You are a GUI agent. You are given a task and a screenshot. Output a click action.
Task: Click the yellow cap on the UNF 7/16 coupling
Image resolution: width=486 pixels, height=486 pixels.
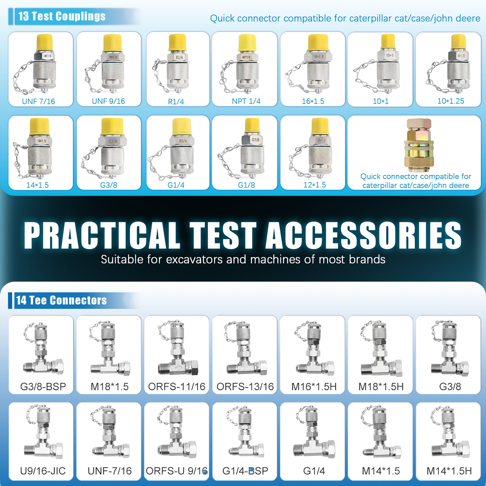pyautogui.click(x=45, y=43)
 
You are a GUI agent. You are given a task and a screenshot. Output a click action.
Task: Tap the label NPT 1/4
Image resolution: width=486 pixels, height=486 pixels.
pyautogui.click(x=246, y=101)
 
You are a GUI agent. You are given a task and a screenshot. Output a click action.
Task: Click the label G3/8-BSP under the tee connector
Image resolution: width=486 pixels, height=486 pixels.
pyautogui.click(x=43, y=386)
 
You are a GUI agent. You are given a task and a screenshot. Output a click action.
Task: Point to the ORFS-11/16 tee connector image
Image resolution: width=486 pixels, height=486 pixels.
pyautogui.click(x=177, y=349)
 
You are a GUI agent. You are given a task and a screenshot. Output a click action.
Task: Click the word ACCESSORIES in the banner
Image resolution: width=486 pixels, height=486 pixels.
pyautogui.click(x=364, y=235)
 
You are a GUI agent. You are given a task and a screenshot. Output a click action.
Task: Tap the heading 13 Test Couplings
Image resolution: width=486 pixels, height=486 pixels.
pyautogui.click(x=62, y=16)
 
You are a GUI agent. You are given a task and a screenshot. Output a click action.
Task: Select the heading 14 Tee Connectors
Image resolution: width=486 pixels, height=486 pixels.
pyautogui.click(x=61, y=300)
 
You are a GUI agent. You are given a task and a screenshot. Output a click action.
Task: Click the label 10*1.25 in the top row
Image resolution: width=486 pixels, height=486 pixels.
pyautogui.click(x=450, y=101)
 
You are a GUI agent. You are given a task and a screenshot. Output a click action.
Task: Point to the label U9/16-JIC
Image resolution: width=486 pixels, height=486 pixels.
pyautogui.click(x=43, y=471)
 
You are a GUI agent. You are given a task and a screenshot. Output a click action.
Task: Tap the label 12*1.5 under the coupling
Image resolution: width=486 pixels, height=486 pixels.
pyautogui.click(x=314, y=185)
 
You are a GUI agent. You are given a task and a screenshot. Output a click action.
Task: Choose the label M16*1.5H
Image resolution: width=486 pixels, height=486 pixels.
pyautogui.click(x=314, y=386)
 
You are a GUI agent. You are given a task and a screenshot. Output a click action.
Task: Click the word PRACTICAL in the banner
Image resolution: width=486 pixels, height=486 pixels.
pyautogui.click(x=102, y=235)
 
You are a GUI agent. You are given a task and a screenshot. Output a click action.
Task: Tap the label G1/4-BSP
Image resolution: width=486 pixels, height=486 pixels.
pyautogui.click(x=245, y=471)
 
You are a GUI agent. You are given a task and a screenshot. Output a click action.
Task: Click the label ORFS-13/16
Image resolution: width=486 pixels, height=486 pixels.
pyautogui.click(x=245, y=386)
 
